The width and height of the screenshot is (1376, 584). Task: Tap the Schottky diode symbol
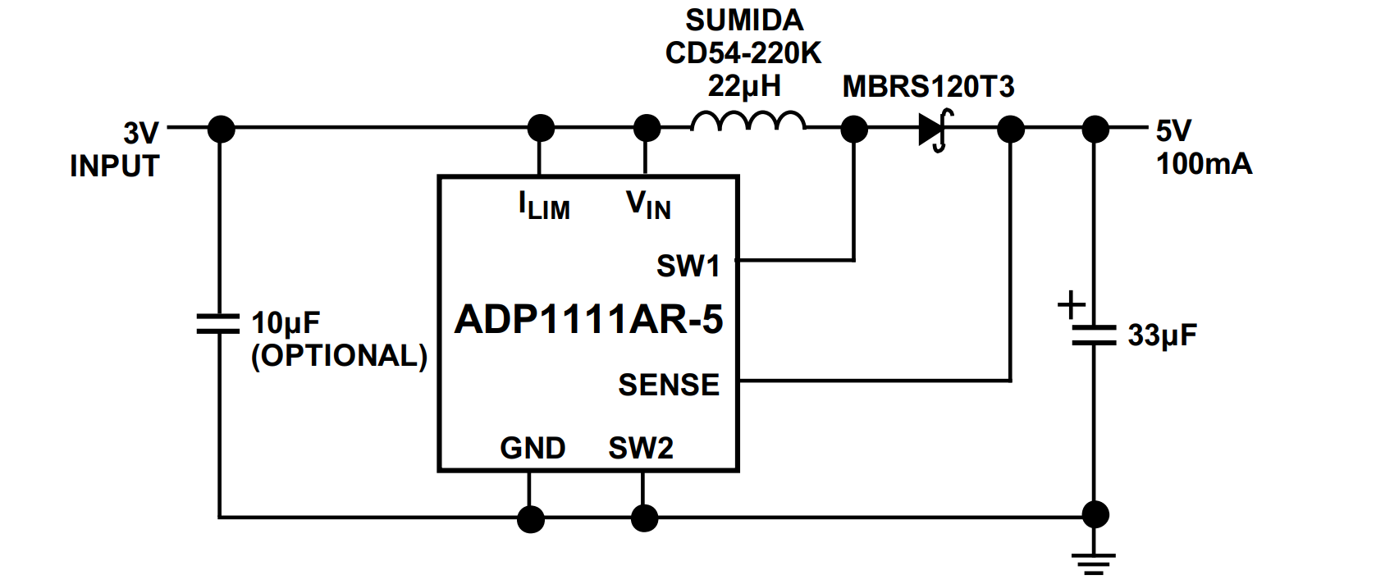point(934,130)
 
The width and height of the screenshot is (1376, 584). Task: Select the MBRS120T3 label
point(928,86)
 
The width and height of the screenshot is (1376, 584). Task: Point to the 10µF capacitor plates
point(219,323)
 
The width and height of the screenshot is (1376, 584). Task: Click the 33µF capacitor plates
point(1094,335)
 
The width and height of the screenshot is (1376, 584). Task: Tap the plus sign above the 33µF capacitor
point(1071,305)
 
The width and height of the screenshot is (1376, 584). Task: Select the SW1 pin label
point(688,266)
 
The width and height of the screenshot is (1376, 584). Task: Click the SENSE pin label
point(668,385)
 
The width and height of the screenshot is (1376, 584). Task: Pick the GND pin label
point(533,448)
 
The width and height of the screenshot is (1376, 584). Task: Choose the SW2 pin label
point(640,448)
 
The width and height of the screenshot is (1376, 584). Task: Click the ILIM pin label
point(543,206)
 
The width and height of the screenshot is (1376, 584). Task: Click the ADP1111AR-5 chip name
point(588,319)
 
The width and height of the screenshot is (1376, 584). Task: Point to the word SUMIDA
point(744,20)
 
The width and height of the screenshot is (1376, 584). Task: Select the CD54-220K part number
point(743,53)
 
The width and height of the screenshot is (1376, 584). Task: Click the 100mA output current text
point(1204,164)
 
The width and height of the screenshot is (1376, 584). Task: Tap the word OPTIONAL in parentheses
point(339,355)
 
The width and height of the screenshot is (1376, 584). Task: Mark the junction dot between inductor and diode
point(854,129)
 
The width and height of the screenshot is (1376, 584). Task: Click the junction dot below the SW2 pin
point(644,518)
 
